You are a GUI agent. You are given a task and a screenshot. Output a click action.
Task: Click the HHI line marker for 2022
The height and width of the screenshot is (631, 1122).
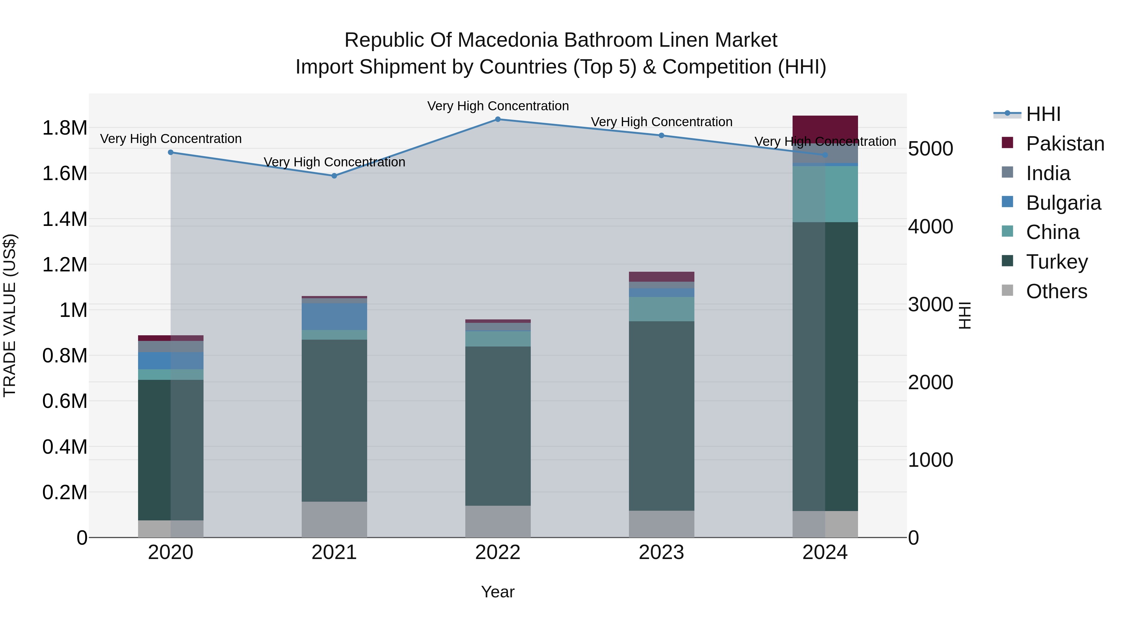click(x=498, y=119)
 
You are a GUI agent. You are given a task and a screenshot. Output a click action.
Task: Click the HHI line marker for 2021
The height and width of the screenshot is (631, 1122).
click(x=334, y=176)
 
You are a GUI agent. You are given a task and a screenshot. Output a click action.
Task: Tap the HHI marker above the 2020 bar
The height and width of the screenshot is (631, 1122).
click(x=171, y=152)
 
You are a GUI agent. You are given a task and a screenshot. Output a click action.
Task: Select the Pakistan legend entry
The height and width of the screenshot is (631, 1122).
click(x=1065, y=144)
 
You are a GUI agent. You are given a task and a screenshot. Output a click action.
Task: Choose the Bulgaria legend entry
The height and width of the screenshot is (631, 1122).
click(x=1063, y=203)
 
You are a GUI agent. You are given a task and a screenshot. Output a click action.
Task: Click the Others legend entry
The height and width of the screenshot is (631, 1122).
click(x=1056, y=291)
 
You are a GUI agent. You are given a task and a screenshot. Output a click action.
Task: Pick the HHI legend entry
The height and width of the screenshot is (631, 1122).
click(x=1043, y=114)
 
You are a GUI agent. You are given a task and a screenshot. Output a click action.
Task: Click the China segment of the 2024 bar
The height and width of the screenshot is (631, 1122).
click(x=825, y=194)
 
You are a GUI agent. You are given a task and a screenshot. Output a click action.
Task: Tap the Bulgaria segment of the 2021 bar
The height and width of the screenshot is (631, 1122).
click(x=334, y=317)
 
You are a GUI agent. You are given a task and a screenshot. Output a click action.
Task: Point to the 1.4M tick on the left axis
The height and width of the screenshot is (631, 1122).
click(x=65, y=219)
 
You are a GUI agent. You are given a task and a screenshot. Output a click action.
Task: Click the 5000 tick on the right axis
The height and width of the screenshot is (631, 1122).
click(x=930, y=149)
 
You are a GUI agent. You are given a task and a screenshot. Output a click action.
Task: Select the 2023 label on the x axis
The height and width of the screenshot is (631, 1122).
click(x=661, y=552)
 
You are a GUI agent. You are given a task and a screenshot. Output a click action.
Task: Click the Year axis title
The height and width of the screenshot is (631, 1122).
click(x=497, y=592)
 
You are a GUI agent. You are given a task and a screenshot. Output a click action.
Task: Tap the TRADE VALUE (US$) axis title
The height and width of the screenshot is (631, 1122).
click(x=10, y=315)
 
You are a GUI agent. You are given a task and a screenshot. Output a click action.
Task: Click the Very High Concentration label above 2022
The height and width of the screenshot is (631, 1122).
click(x=498, y=106)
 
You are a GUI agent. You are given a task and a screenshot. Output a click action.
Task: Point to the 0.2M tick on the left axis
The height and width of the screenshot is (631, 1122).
click(x=65, y=492)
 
